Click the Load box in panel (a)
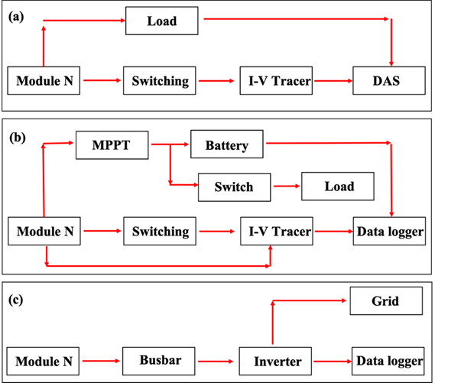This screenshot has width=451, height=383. point(161,21)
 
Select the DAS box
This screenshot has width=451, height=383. point(389,80)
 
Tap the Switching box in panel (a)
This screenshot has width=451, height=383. point(159,80)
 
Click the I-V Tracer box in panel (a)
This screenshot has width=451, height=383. point(276,80)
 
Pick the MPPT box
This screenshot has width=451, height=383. point(112,145)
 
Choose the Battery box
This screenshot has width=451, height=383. point(227,144)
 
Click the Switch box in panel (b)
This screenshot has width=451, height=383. point(235,187)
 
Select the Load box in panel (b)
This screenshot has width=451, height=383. point(338,187)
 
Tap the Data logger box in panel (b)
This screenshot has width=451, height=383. point(389,231)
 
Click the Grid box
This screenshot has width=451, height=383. point(386,300)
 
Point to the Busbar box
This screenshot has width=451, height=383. point(159,361)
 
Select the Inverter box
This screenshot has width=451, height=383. point(275,361)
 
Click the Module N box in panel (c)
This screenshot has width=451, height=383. point(43,361)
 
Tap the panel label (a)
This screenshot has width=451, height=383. point(16,17)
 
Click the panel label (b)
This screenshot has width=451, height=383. point(18,138)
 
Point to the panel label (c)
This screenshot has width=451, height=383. point(15,300)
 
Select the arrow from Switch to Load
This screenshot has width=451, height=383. point(287,187)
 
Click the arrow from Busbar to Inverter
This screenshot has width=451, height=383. point(216,361)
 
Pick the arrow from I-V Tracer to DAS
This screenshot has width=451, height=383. point(333,81)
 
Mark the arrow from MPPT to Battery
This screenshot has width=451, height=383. point(170,144)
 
